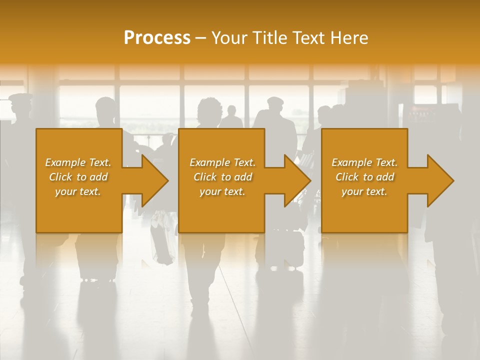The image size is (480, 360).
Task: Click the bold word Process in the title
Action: pos(157,38)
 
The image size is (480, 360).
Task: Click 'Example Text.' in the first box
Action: pos(78,162)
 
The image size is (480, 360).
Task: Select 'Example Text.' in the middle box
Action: pos(222,162)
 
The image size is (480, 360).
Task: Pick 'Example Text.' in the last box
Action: pos(364,162)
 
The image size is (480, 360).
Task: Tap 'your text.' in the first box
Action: pos(78,191)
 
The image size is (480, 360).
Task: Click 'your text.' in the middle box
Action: pos(222,191)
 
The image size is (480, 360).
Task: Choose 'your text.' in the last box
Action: pos(364,191)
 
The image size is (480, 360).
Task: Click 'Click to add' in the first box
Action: pos(78,177)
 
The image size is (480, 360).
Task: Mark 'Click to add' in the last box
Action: pos(364,177)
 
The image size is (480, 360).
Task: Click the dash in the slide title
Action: pos(201,38)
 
